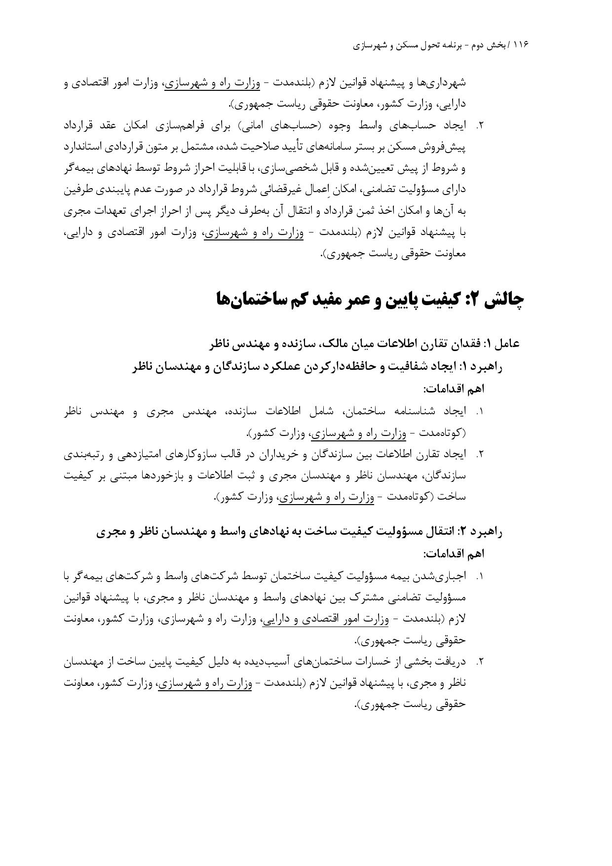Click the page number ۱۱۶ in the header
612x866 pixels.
point(521,45)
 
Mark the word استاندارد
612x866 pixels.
point(86,147)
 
